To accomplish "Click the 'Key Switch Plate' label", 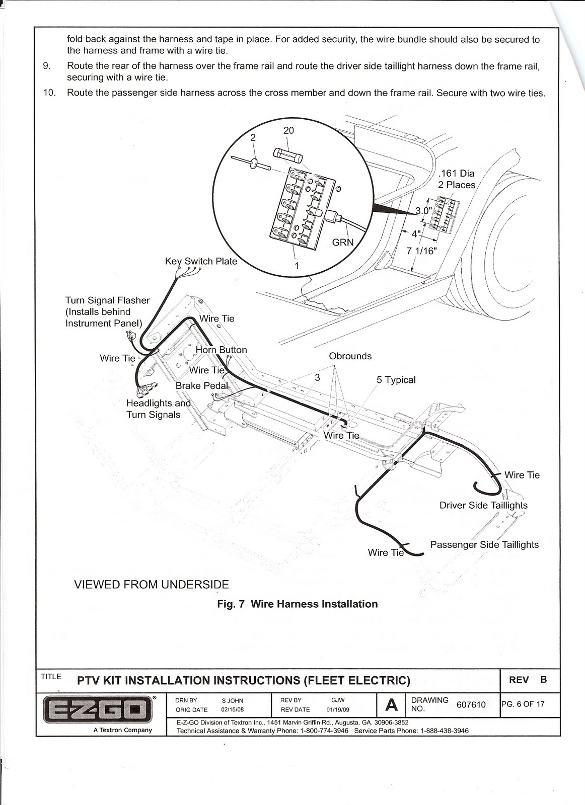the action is [x=201, y=261].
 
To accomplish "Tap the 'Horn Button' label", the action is [x=221, y=350].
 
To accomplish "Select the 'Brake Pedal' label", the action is [x=202, y=385].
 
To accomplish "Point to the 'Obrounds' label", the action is [x=350, y=356].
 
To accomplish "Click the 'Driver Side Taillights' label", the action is [x=483, y=505].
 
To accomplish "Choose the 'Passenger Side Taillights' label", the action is [x=484, y=545].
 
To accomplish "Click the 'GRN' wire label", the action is [x=343, y=242].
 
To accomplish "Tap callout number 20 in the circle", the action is [x=288, y=130].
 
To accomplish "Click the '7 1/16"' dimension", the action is [x=421, y=251].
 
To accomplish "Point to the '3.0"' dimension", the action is [x=423, y=211].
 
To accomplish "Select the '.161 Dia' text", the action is [x=456, y=173].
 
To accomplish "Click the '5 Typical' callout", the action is [x=396, y=380].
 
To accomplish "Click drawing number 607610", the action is [x=471, y=705].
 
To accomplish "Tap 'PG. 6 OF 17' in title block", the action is [x=523, y=704].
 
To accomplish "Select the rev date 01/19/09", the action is [x=338, y=710].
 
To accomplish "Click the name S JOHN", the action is [x=232, y=701].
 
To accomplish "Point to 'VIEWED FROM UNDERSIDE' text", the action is [x=152, y=585].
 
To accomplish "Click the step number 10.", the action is [x=50, y=93].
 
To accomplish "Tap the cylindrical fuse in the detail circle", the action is [x=288, y=155].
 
